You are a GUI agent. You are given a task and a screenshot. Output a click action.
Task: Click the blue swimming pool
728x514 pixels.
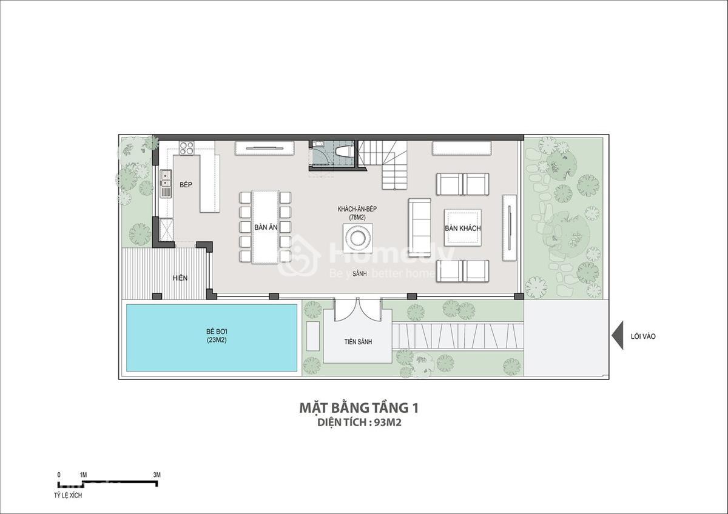click(x=212, y=338)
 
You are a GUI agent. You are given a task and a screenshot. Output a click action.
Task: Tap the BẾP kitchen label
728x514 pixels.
click(x=186, y=185)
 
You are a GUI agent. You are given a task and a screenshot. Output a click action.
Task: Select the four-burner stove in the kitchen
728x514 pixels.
click(x=187, y=148)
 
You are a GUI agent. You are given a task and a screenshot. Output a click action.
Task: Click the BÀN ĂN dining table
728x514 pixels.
click(x=266, y=227)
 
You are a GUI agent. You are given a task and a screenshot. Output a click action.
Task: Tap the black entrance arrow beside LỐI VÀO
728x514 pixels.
click(x=617, y=335)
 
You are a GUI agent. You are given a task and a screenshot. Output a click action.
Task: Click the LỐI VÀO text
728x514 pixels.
click(x=643, y=336)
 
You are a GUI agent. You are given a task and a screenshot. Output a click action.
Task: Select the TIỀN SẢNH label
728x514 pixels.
click(x=358, y=342)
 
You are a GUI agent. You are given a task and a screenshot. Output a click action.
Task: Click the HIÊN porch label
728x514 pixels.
click(x=180, y=278)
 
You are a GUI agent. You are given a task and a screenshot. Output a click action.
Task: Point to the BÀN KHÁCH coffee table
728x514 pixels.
click(x=463, y=228)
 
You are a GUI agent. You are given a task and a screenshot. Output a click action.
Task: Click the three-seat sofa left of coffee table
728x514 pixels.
click(x=420, y=228)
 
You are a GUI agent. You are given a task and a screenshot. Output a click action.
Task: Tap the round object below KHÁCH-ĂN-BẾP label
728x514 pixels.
click(x=358, y=238)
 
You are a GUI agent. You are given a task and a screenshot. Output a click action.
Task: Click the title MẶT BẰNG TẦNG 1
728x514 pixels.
click(x=359, y=408)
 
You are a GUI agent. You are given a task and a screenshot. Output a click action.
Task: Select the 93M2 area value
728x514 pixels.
click(x=388, y=422)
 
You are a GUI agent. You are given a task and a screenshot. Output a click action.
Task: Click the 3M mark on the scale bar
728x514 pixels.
click(x=157, y=475)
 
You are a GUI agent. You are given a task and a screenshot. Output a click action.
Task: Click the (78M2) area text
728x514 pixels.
click(x=357, y=216)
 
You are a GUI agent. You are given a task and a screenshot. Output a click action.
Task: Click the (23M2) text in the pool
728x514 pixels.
click(x=217, y=340)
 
